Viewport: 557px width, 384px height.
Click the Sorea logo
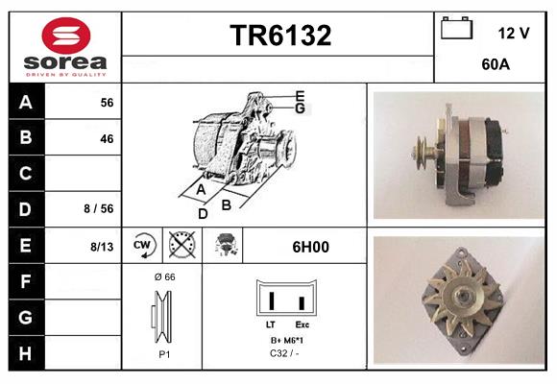[64, 47]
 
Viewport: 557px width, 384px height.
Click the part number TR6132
[279, 36]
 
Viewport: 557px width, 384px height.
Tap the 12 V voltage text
[514, 33]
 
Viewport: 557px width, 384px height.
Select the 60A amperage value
[495, 65]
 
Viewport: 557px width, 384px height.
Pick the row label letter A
[26, 102]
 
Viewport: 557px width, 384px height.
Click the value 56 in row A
[107, 103]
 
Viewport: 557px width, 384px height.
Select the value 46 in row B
[107, 138]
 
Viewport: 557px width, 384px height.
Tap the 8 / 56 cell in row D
[99, 208]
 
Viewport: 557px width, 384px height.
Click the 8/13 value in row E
[102, 247]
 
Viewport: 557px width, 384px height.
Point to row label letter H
[26, 352]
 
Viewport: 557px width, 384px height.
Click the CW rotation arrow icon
[143, 246]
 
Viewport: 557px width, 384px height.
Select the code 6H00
[309, 247]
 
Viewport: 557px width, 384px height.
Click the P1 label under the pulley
[163, 353]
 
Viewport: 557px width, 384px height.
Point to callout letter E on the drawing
[300, 95]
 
